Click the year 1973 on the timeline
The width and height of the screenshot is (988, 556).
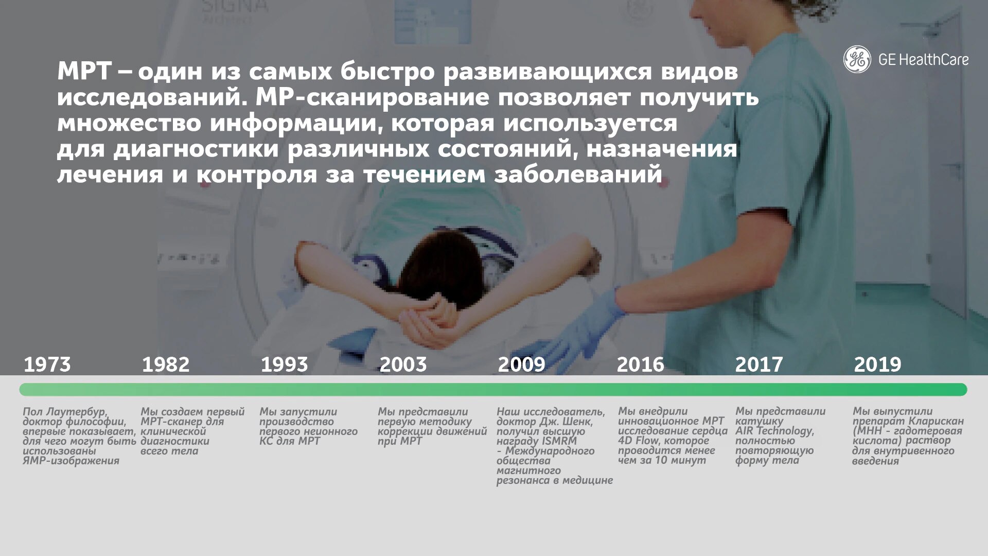click(47, 364)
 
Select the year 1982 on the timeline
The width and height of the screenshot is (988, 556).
click(166, 364)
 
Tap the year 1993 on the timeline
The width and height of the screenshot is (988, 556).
click(285, 364)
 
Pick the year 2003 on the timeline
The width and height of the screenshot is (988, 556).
click(403, 364)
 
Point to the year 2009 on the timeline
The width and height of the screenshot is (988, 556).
click(521, 364)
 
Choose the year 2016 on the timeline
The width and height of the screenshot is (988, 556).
click(641, 364)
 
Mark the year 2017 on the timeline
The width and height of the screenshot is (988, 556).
click(759, 364)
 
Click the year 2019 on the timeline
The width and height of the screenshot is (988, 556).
click(877, 364)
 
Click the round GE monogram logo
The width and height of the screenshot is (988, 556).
click(857, 59)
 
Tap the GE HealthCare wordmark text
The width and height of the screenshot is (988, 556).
click(923, 60)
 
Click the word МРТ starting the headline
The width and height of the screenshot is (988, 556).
click(84, 71)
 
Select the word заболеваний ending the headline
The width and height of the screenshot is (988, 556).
click(578, 174)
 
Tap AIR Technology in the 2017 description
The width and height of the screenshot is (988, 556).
click(774, 431)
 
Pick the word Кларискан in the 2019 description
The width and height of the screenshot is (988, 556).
click(936, 421)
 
